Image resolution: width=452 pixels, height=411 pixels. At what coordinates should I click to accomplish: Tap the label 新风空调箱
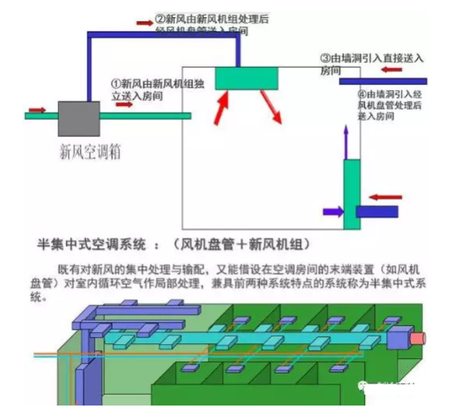[x=90, y=152]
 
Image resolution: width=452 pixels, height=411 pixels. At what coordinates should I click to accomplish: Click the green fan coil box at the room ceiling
[x=247, y=78]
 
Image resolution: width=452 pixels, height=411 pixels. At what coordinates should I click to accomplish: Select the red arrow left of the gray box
[x=37, y=110]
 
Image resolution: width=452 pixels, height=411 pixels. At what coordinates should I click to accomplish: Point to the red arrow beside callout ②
[x=144, y=23]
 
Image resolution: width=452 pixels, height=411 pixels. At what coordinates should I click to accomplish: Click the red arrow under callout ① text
[x=124, y=105]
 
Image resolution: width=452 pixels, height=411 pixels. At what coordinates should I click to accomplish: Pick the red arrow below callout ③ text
[x=392, y=70]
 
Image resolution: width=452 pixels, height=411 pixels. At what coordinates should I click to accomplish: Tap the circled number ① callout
[x=116, y=83]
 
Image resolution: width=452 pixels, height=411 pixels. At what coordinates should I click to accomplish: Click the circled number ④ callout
[x=362, y=94]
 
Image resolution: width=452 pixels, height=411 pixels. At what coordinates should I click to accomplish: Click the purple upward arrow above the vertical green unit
[x=347, y=142]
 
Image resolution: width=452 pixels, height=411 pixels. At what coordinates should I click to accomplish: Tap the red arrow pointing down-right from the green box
[x=272, y=109]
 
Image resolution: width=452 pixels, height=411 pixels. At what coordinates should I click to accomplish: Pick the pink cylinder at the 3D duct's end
[x=418, y=338]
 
